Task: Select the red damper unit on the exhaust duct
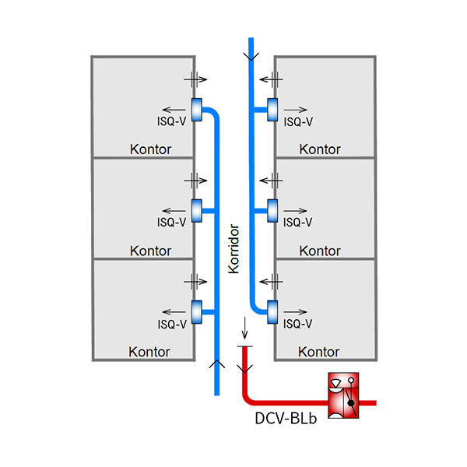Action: click(344, 397)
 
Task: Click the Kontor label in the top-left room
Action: click(151, 149)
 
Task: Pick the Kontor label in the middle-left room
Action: click(151, 251)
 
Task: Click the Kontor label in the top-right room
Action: click(320, 149)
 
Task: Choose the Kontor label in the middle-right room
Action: click(320, 251)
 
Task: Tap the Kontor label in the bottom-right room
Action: click(320, 352)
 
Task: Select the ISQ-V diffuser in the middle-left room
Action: click(196, 209)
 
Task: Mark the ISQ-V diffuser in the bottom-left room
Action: click(196, 311)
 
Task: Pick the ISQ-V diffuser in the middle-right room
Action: click(272, 209)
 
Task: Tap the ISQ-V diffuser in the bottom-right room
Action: click(272, 311)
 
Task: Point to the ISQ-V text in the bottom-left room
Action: click(171, 324)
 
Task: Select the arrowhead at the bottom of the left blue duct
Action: click(217, 363)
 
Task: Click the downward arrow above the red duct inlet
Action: click(243, 325)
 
